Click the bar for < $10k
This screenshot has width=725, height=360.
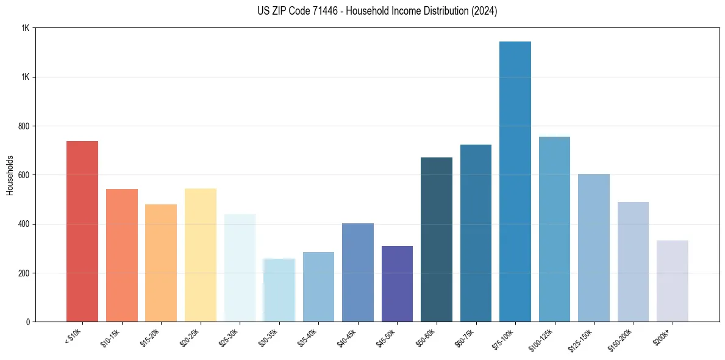click(82, 232)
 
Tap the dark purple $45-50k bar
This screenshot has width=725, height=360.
click(397, 284)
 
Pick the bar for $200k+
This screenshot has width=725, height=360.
click(673, 281)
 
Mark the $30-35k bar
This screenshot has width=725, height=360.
click(279, 290)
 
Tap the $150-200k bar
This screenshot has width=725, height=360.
click(633, 262)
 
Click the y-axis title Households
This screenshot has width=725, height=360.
click(10, 175)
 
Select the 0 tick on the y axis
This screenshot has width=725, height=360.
click(29, 322)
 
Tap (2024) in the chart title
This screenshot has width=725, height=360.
click(484, 12)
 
